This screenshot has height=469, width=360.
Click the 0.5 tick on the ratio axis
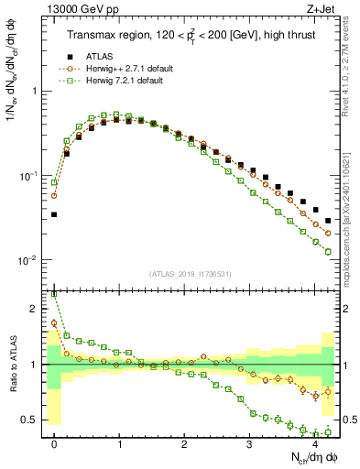pyautogui.click(x=31, y=420)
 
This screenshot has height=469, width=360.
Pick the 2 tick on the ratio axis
pyautogui.click(x=37, y=309)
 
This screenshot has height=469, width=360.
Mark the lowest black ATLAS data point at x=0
pyautogui.click(x=54, y=214)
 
